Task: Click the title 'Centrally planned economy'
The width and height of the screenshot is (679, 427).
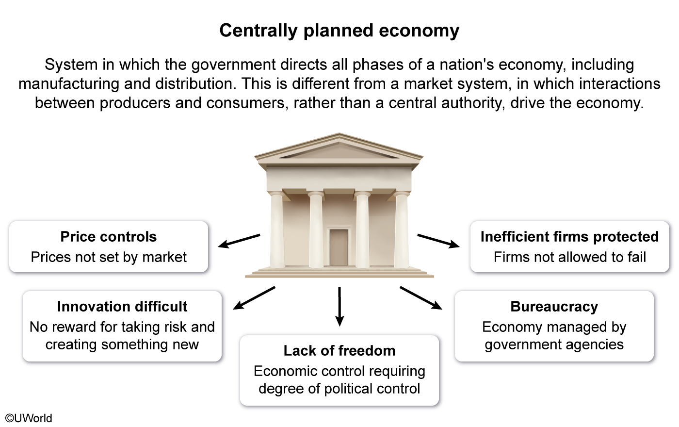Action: click(339, 31)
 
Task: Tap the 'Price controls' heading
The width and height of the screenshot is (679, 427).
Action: click(109, 237)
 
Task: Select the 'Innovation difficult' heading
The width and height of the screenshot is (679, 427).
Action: click(122, 307)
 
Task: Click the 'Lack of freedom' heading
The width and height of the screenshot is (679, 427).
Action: click(339, 351)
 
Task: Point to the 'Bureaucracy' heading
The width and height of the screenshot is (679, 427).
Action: click(554, 307)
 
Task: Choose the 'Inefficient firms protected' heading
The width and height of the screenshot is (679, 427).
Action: click(569, 237)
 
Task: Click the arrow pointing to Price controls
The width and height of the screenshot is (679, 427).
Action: click(239, 241)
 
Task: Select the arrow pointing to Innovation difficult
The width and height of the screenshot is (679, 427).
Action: click(254, 298)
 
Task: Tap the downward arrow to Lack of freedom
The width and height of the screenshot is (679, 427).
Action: click(339, 306)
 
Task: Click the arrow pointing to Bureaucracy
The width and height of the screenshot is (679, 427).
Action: click(421, 298)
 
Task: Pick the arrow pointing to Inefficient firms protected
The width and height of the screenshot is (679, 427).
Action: click(438, 241)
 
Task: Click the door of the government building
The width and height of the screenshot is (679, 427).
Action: click(339, 247)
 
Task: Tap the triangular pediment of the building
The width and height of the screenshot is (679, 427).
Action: click(339, 148)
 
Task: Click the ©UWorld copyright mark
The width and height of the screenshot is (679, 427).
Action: click(29, 418)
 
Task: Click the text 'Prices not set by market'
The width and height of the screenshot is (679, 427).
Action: click(109, 257)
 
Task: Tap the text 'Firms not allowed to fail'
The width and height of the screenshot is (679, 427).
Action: click(569, 257)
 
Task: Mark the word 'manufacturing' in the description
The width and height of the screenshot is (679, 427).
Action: click(69, 84)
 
